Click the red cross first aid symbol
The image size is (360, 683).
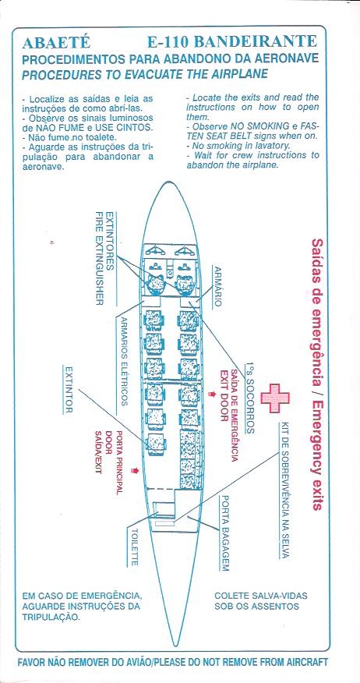275,398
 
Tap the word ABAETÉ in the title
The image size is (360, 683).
56,42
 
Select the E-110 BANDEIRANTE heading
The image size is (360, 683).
232,42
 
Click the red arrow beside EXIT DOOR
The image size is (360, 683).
212,394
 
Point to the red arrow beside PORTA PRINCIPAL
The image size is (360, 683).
135,470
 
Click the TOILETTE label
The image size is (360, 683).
135,547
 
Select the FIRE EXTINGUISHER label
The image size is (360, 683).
99,258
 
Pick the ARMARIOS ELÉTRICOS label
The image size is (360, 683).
124,361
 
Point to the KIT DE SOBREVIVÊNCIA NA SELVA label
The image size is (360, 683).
285,490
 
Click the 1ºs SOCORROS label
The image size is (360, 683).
249,397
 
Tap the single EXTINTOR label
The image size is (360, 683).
68,389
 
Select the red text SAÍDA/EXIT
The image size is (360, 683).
98,452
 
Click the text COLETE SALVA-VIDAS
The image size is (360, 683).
261,596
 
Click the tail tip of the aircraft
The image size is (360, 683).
175,645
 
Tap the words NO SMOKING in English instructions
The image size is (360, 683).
239,126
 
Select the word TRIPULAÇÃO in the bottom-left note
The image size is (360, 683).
51,617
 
